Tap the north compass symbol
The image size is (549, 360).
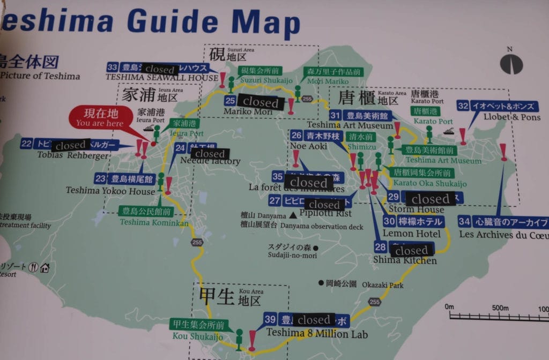pos(511,63)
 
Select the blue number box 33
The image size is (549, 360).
pos(113,67)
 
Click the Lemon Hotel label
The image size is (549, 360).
pos(412,233)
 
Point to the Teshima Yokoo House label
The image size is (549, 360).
pos(110,190)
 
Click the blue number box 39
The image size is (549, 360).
pos(270,320)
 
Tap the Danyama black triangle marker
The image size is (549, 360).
pos(293,215)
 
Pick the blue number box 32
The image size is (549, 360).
pos(463,106)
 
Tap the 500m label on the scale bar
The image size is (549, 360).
pos(500,307)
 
